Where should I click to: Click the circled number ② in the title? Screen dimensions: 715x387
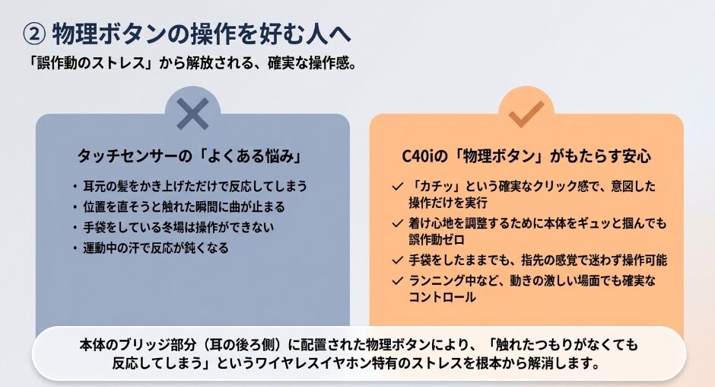[34, 34]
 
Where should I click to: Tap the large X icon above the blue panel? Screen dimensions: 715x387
[192, 114]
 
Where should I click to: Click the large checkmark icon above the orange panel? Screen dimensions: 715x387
[526, 113]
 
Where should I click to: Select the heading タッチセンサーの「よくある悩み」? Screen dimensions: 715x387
[190, 156]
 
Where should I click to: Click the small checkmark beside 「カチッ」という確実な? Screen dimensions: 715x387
[397, 187]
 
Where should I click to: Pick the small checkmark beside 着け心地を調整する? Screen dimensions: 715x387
[397, 224]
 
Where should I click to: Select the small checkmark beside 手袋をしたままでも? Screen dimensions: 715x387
[397, 261]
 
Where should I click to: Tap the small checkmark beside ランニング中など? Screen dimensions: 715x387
[397, 281]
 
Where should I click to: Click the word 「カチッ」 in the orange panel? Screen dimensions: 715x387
[434, 187]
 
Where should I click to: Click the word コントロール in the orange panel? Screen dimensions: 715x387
[443, 297]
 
